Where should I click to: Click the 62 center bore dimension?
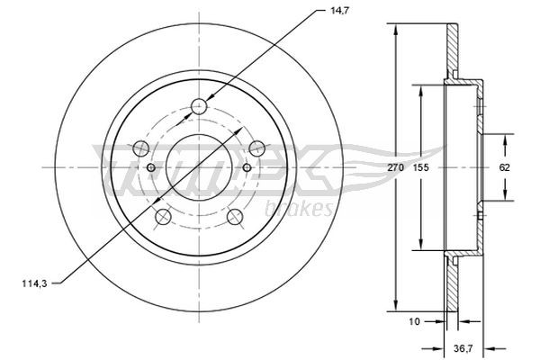point(505,168)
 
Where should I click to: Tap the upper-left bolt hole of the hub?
point(139,147)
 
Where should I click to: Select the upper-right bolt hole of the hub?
point(257,147)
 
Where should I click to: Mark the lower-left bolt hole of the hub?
point(163,216)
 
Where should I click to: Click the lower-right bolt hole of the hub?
point(235,216)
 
